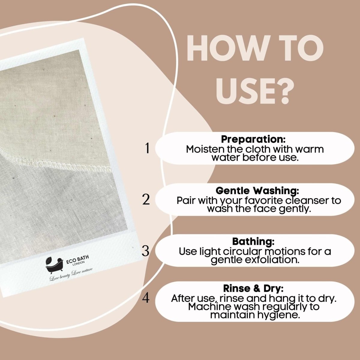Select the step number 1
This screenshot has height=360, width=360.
[147, 148]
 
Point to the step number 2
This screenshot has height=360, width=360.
[146, 199]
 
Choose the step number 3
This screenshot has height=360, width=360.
[146, 251]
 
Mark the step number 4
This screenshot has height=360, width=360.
[146, 298]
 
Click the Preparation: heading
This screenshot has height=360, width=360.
[253, 139]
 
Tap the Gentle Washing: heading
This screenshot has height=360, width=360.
[257, 190]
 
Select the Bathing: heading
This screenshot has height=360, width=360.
[253, 241]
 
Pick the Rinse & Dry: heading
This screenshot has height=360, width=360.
[253, 289]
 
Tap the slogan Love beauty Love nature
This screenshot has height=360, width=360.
[71, 275]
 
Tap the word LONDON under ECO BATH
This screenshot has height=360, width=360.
[79, 263]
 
